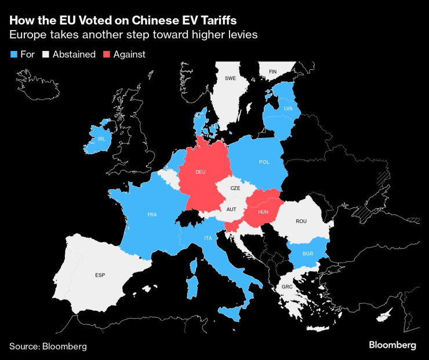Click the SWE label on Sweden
[230, 78]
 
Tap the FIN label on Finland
[272, 72]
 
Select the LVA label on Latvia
[288, 108]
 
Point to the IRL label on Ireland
[101, 139]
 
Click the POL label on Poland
[264, 162]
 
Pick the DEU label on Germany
[200, 172]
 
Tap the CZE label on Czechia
[235, 188]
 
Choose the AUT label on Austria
[231, 209]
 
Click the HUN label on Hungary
[263, 213]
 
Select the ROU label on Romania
[301, 221]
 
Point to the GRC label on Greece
[286, 286]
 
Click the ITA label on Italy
[207, 238]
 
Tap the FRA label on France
[152, 215]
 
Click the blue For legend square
[13, 54]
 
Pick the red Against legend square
[106, 54]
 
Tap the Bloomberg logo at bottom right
[392, 345]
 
